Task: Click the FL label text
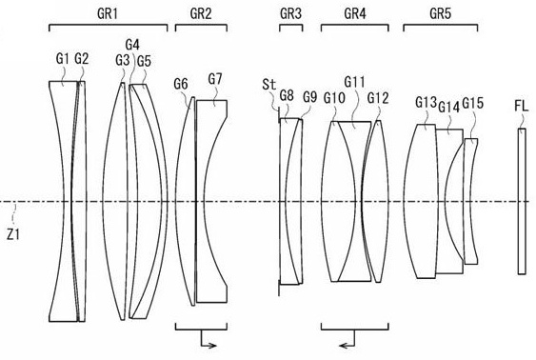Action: (x=521, y=104)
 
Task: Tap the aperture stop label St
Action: (x=268, y=85)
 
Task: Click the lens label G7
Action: (x=215, y=78)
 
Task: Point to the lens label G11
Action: (x=354, y=82)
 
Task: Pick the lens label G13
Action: (x=426, y=101)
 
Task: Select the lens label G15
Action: (x=473, y=103)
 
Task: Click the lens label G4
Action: (x=132, y=45)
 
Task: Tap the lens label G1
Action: (x=63, y=59)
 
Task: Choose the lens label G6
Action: (x=181, y=84)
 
